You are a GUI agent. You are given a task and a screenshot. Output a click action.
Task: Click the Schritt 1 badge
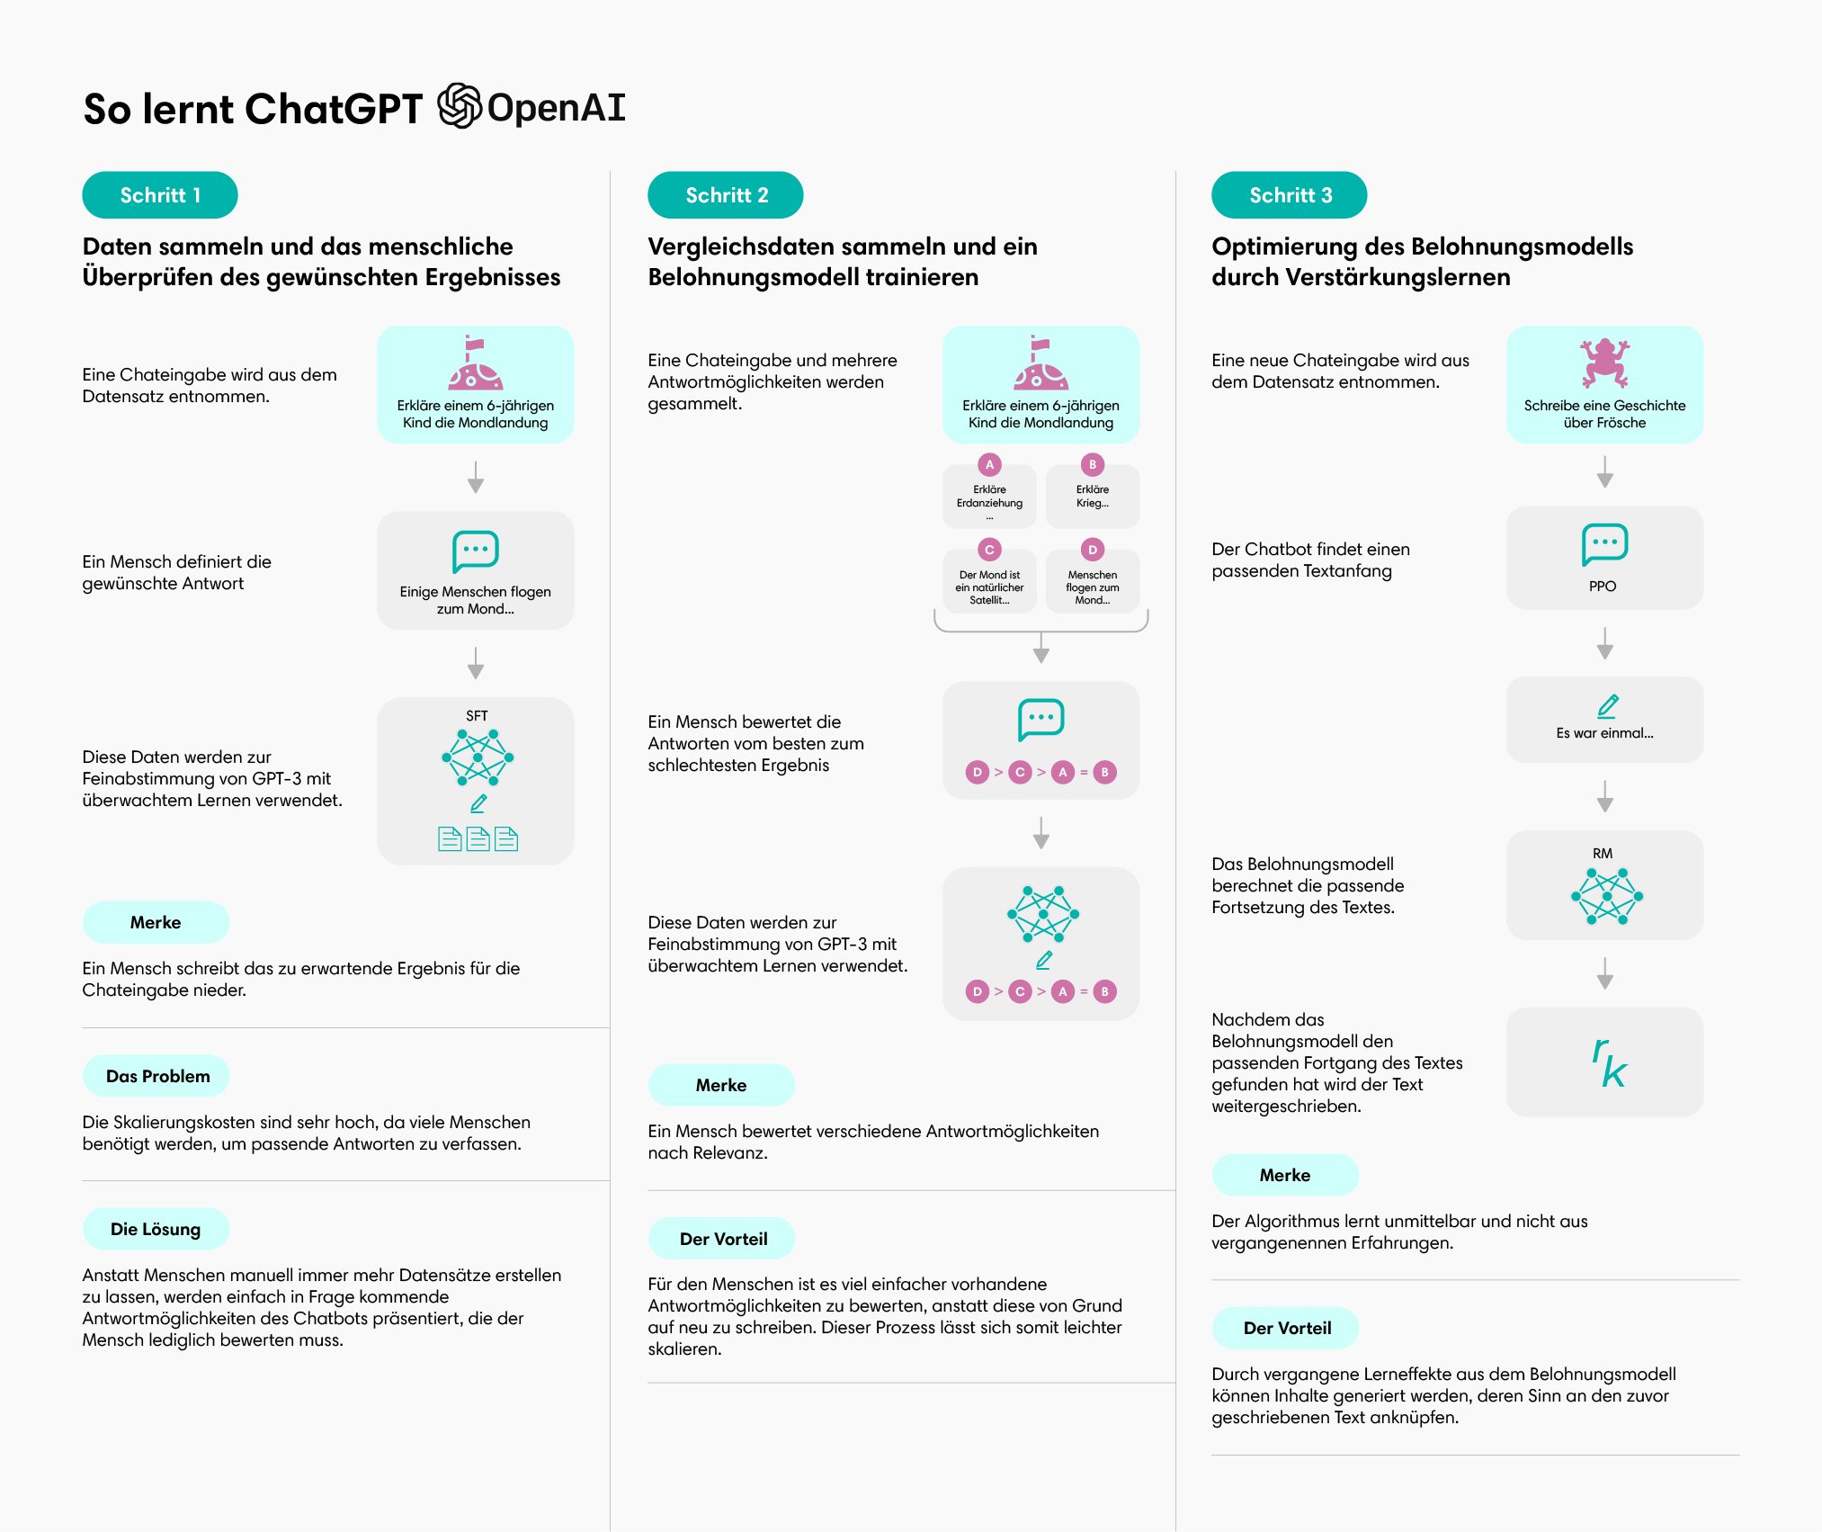click(x=160, y=195)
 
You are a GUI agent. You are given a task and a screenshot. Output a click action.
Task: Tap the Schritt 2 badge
click(x=726, y=195)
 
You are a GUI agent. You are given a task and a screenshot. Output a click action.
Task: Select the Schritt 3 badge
click(x=1290, y=195)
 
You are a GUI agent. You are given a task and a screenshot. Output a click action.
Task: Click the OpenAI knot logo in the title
click(x=460, y=106)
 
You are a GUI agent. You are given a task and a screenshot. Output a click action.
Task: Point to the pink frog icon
click(x=1604, y=362)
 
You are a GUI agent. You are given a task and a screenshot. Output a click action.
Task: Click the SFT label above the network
click(x=477, y=716)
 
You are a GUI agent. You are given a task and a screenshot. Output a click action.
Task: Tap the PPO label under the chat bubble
click(x=1603, y=587)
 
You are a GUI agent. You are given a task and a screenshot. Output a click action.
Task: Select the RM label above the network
click(x=1603, y=854)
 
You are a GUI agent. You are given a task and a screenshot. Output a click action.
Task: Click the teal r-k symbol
click(x=1609, y=1062)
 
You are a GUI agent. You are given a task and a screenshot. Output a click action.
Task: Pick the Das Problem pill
click(x=156, y=1076)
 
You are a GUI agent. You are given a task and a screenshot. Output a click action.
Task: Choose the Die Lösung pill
click(x=156, y=1229)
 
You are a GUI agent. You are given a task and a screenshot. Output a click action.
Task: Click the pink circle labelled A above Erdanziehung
click(x=989, y=465)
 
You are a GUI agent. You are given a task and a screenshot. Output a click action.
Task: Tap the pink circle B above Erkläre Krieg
click(x=1093, y=465)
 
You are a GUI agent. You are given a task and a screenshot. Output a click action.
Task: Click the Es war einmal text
click(x=1604, y=733)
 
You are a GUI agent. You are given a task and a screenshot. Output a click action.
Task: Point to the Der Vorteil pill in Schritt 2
click(x=722, y=1239)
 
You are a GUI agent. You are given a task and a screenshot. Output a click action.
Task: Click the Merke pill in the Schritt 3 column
click(x=1286, y=1175)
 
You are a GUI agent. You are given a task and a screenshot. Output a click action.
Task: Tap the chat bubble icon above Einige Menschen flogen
click(x=476, y=551)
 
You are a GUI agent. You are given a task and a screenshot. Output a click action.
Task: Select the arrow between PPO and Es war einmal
click(x=1605, y=643)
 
